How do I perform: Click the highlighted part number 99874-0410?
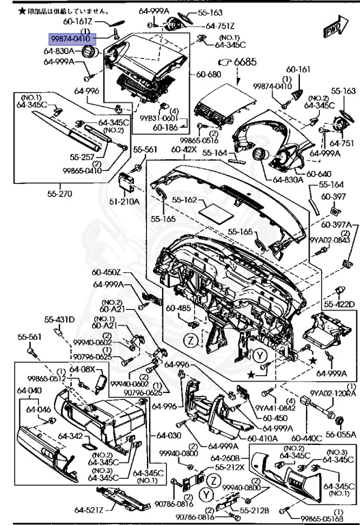pyautogui.click(x=72, y=40)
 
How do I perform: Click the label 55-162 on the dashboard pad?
pyautogui.click(x=185, y=200)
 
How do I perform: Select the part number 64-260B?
pyautogui.click(x=224, y=458)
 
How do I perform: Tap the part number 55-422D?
pyautogui.click(x=339, y=304)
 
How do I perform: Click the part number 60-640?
pyautogui.click(x=319, y=174)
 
